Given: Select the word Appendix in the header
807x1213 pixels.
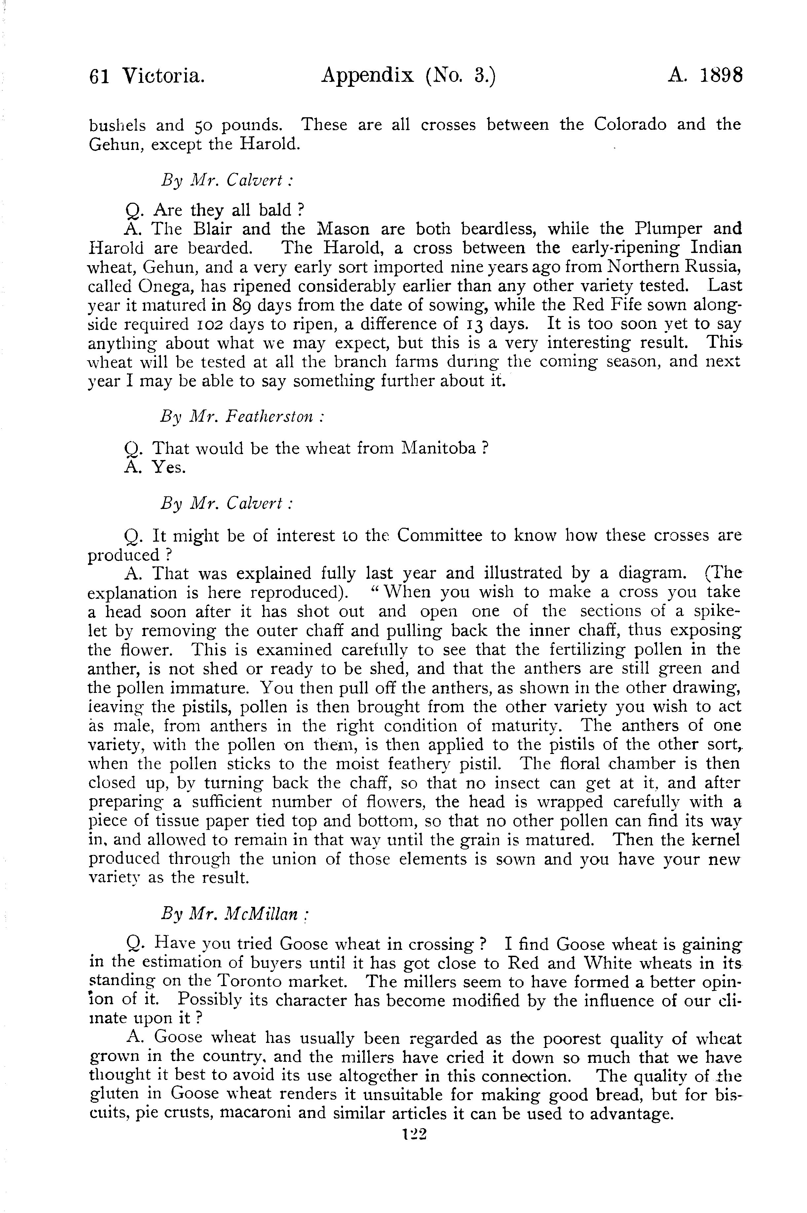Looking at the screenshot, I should click(367, 76).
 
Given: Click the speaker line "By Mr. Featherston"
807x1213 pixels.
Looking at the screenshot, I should click(242, 415).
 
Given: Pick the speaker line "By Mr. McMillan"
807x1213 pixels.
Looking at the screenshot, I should click(234, 913).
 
